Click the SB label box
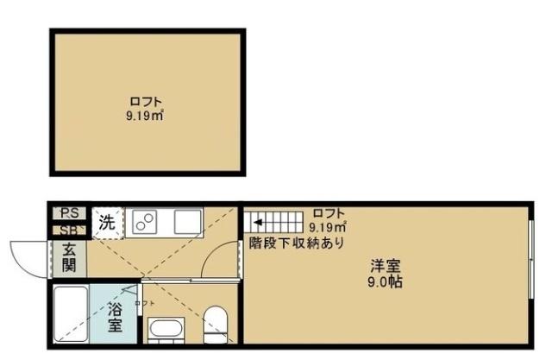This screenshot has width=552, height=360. pyautogui.click(x=69, y=230)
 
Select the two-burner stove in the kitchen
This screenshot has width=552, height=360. pyautogui.click(x=144, y=223)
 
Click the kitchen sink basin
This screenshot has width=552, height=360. pyautogui.click(x=187, y=223)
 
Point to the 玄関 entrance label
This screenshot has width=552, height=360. pyautogui.click(x=69, y=257)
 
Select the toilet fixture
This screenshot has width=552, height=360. pyautogui.click(x=215, y=324)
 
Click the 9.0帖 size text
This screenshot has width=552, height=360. pyautogui.click(x=386, y=282)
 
